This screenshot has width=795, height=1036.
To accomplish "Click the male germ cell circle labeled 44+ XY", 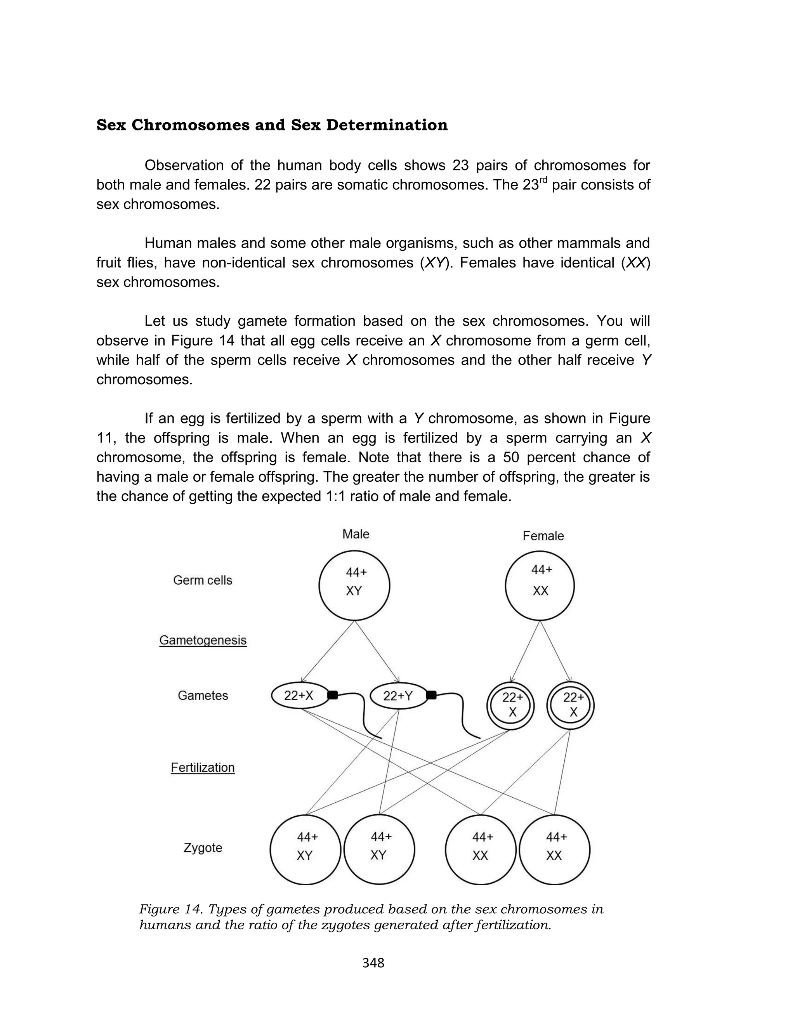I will coord(354,585).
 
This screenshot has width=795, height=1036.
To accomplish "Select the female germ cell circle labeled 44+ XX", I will coord(540,585).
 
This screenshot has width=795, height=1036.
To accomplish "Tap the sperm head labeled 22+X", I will coord(300,696).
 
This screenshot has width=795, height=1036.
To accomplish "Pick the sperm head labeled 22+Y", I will coord(398,696).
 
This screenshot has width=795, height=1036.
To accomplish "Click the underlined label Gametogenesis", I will coord(203,640).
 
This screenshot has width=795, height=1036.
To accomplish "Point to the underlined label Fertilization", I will coord(203,767).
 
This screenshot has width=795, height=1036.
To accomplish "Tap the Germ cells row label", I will coord(203,580).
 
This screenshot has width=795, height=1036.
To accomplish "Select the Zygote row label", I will coord(203,847).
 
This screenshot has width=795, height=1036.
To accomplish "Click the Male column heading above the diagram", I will coord(356,534).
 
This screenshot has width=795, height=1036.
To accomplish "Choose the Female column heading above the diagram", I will coord(543,536).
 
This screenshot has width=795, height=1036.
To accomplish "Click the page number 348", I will coord(373,963).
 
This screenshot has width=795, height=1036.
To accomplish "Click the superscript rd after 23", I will coord(543,180).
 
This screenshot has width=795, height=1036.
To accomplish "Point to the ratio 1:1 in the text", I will coord(419,496).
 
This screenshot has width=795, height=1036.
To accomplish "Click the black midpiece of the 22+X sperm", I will coord(333,695).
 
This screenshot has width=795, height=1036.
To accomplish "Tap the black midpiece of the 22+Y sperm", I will coord(431,695).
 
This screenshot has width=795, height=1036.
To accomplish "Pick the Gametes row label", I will coord(203,696).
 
